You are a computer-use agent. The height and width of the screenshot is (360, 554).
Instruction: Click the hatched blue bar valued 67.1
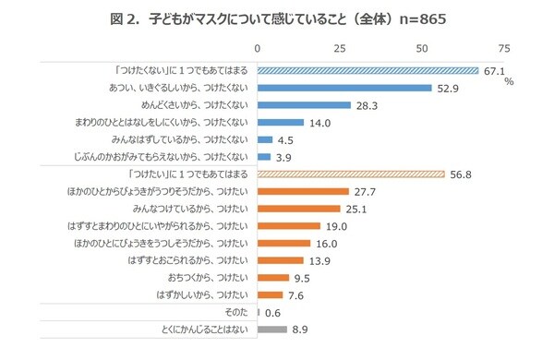[x=367, y=70]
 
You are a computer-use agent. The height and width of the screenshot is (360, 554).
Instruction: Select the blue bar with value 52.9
[x=344, y=88]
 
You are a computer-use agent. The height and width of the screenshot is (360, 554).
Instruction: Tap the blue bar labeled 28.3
[x=304, y=105]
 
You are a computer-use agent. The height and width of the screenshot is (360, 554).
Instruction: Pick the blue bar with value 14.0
[x=281, y=122]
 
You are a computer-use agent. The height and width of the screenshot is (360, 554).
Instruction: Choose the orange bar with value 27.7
[x=303, y=191]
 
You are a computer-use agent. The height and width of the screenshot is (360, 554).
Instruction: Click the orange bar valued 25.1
[x=298, y=209]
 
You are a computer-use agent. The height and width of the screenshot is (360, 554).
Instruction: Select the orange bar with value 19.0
[x=288, y=225]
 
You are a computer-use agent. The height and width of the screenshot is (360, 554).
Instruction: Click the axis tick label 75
[x=504, y=47]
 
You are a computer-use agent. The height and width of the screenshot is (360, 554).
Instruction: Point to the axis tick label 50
[x=422, y=47]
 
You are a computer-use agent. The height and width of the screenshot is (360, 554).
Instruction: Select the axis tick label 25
[x=340, y=47]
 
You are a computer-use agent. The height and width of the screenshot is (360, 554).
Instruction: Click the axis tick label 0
[x=258, y=47]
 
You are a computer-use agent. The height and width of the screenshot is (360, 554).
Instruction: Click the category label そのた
[x=235, y=312]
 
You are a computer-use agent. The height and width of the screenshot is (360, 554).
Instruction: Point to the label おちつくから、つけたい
[x=201, y=277]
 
